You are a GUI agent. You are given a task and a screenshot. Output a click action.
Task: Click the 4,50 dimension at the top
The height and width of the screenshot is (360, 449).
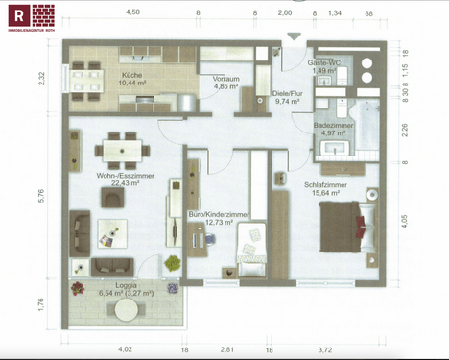pos(132,12)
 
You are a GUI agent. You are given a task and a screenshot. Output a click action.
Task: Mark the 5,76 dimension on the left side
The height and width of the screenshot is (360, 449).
pos(41,194)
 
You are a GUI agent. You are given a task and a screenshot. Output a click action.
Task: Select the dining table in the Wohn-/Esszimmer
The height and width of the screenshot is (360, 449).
pos(122,151)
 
